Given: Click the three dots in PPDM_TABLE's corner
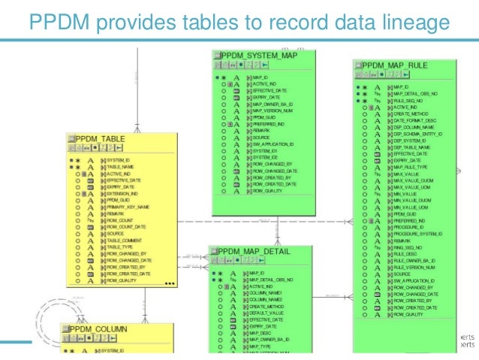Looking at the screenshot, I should tap(170, 284).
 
